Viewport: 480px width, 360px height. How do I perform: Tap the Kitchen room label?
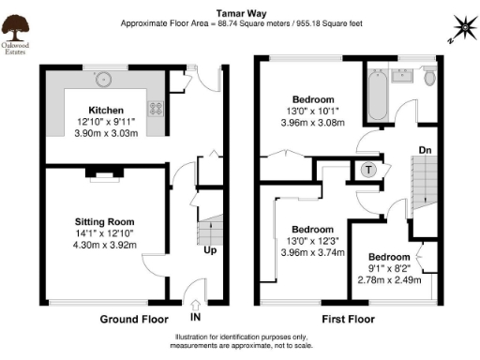click(106, 109)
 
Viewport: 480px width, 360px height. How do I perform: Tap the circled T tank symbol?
click(368, 170)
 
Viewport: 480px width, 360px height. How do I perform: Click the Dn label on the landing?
click(424, 149)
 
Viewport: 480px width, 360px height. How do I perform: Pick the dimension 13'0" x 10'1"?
click(313, 112)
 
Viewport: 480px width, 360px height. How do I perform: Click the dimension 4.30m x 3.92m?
click(105, 246)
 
